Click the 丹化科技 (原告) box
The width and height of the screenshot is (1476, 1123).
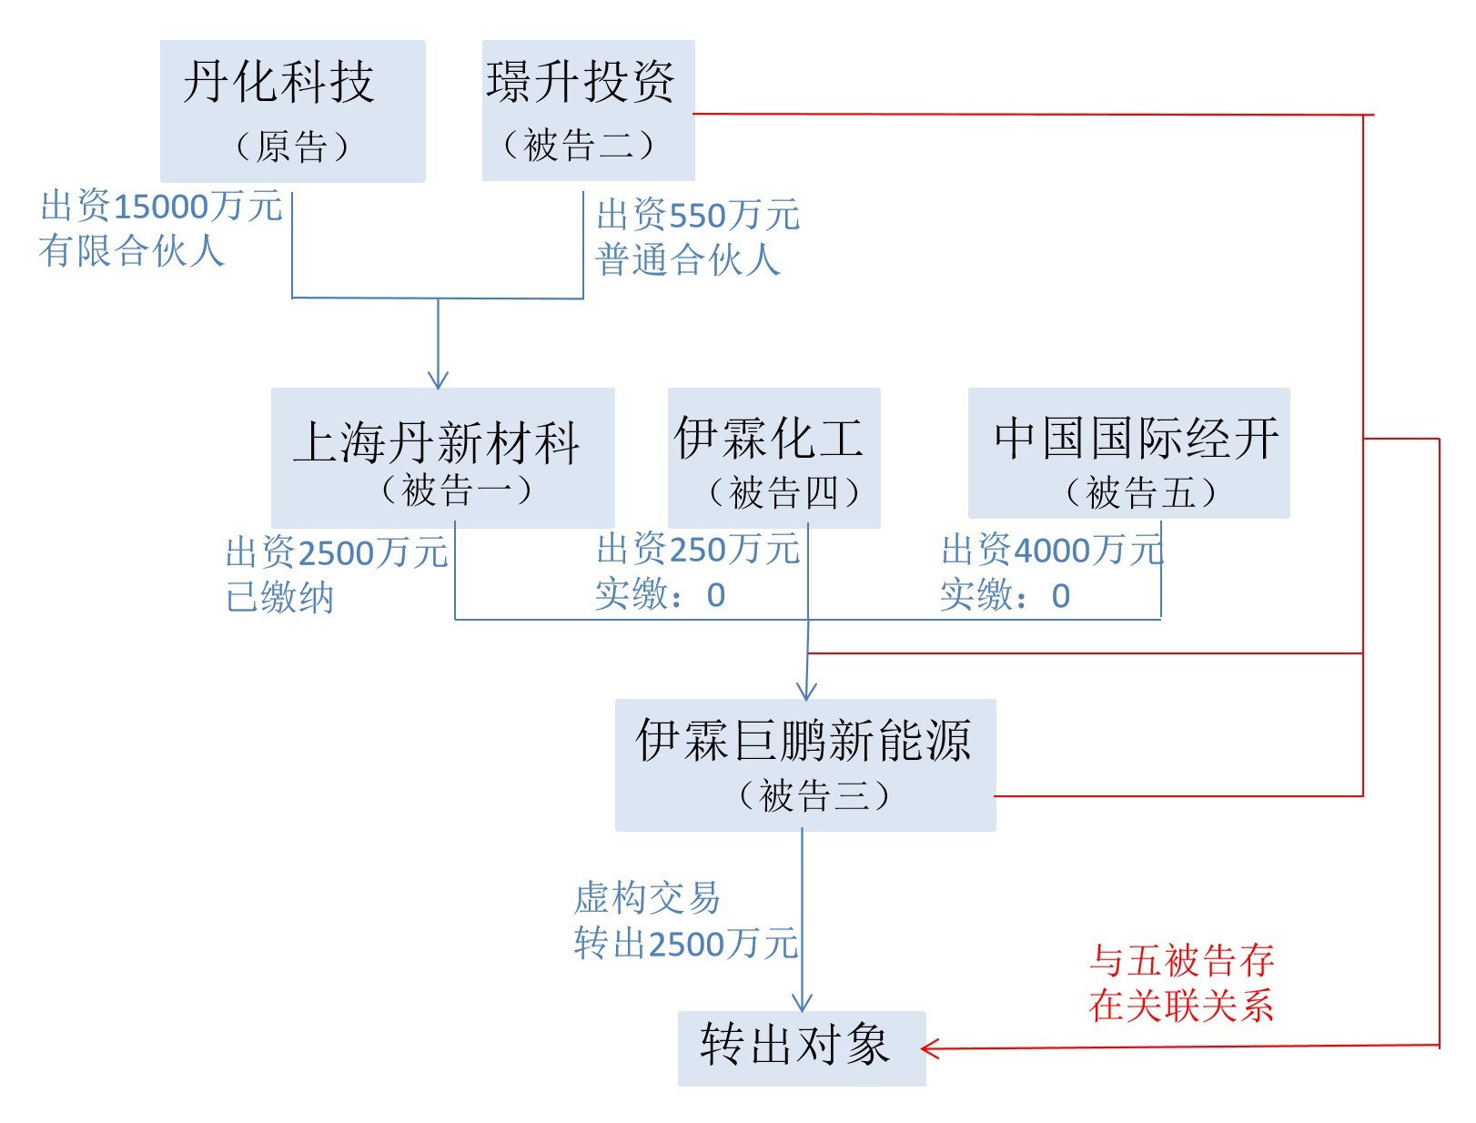(x=292, y=110)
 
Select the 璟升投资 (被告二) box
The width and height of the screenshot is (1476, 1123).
(x=588, y=110)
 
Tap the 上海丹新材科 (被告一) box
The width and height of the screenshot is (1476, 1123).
(x=442, y=457)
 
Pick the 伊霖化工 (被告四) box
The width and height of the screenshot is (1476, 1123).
(x=773, y=457)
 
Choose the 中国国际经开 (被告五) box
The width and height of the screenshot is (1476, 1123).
(x=1128, y=453)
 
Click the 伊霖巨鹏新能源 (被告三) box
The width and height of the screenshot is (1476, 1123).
(x=804, y=764)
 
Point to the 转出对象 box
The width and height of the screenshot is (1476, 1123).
(x=801, y=1047)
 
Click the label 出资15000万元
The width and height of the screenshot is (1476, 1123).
(x=162, y=207)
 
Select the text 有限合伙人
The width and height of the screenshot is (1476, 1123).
(x=132, y=250)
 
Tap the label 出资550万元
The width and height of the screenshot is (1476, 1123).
(x=698, y=216)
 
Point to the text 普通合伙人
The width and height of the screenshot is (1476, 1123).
(x=688, y=260)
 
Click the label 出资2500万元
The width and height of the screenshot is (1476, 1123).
(x=337, y=552)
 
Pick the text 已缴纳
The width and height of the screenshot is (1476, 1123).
(x=280, y=597)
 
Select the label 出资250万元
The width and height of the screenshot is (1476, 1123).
(x=698, y=550)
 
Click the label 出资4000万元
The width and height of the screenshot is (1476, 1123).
(x=1052, y=550)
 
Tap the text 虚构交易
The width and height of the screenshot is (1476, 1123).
(x=647, y=898)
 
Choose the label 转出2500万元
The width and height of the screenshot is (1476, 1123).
(x=686, y=944)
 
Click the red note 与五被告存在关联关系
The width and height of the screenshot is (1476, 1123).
(x=1181, y=983)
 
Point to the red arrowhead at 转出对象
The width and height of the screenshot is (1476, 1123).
(x=930, y=1048)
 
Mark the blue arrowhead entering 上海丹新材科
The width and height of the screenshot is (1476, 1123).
(x=439, y=380)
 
